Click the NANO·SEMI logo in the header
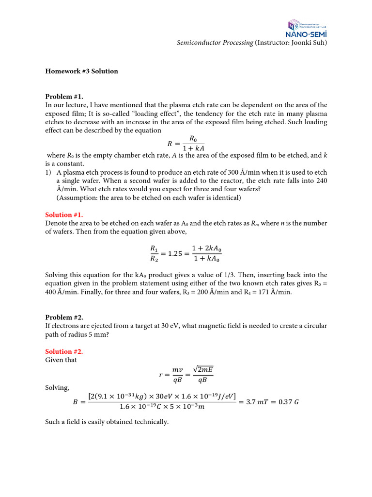(307, 29)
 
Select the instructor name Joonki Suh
(308, 43)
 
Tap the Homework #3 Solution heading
(81, 71)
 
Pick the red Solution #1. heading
(64, 215)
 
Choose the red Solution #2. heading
(64, 351)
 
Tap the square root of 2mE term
(202, 370)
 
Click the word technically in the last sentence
(151, 422)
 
